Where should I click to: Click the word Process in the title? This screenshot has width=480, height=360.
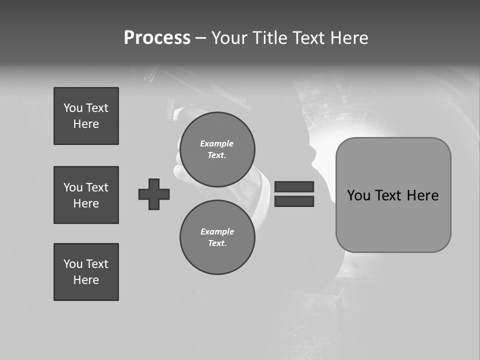click(157, 38)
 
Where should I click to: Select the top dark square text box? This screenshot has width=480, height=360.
click(86, 116)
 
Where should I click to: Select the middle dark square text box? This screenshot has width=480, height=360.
click(86, 195)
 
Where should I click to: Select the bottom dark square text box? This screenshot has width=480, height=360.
click(86, 272)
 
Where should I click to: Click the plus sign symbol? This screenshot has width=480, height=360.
click(154, 194)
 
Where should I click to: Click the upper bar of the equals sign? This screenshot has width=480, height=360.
click(294, 186)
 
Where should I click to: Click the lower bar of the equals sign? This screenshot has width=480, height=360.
click(294, 201)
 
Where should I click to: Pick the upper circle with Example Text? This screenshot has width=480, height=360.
click(217, 149)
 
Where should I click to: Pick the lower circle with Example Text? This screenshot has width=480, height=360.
click(217, 237)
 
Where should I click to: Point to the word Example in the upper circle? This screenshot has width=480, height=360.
click(217, 143)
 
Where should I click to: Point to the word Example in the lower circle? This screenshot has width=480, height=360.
click(217, 231)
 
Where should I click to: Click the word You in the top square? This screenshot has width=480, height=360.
click(72, 108)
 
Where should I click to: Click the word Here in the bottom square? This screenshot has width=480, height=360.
click(86, 280)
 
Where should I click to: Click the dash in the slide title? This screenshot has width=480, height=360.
click(200, 38)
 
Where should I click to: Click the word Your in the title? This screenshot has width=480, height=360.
click(229, 38)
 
